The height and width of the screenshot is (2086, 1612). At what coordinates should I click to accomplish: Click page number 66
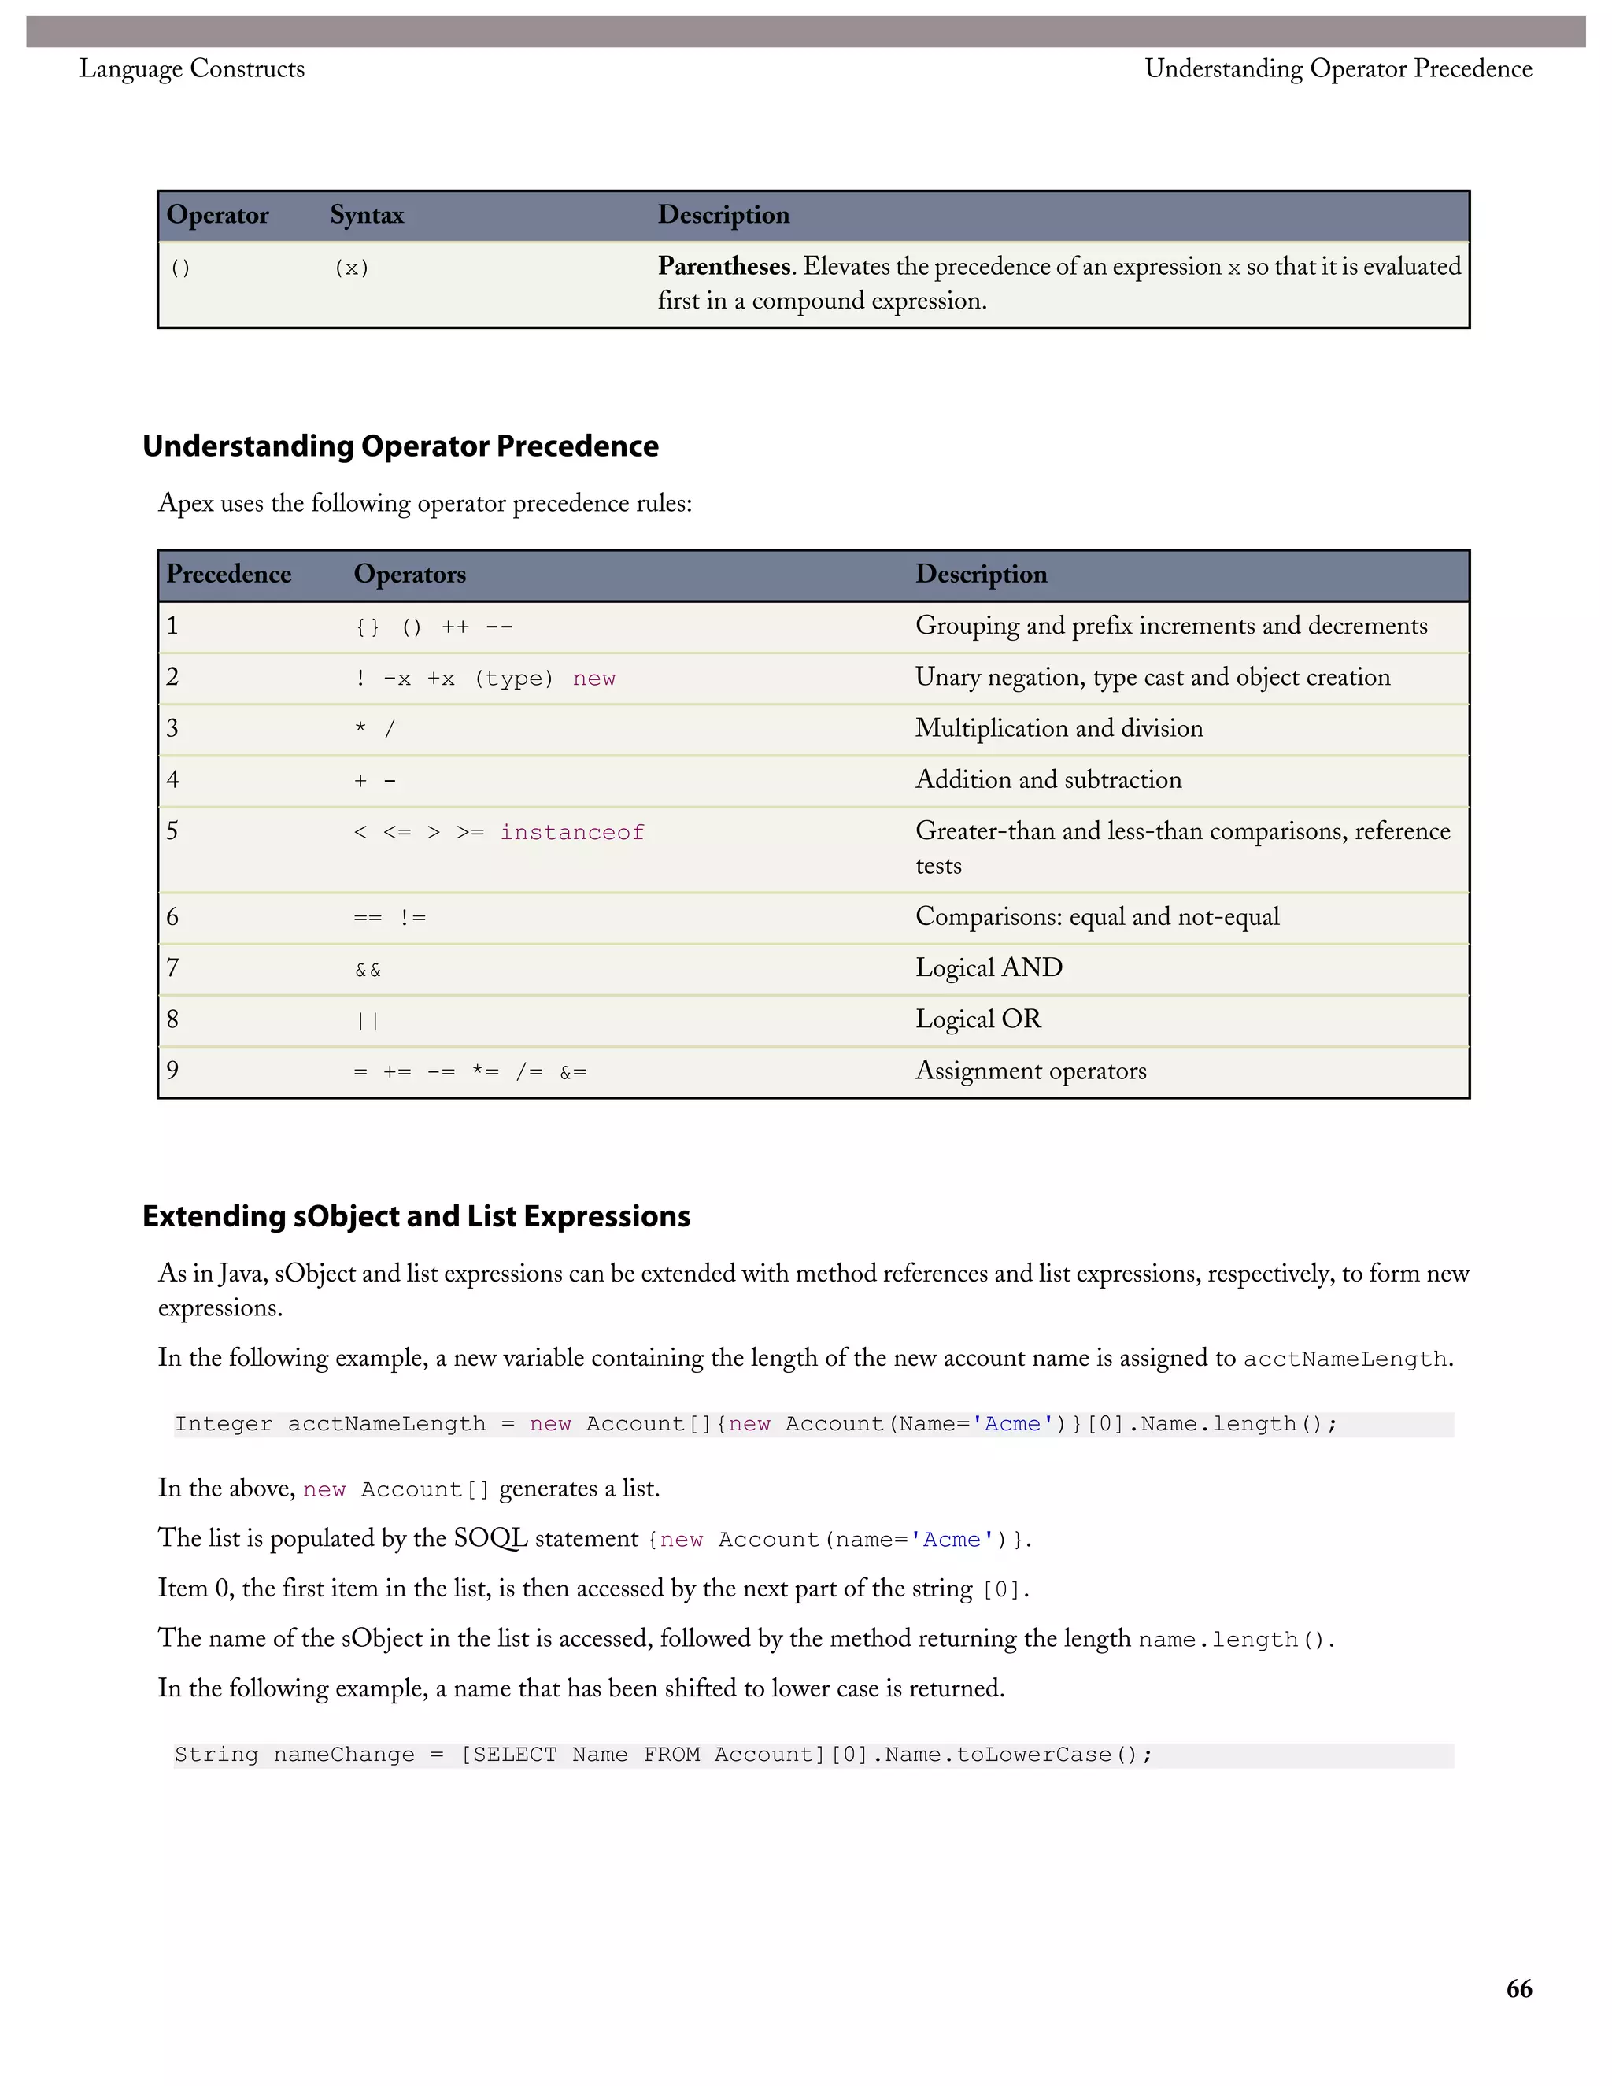(1518, 1988)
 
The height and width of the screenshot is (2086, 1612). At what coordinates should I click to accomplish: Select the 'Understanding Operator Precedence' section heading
(400, 446)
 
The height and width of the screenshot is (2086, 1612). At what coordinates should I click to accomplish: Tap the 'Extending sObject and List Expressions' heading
(416, 1216)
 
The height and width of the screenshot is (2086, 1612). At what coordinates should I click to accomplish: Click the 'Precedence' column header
(228, 574)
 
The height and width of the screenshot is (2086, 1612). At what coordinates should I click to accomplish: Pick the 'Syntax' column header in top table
(367, 215)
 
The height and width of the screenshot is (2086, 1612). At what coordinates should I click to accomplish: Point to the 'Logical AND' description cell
(989, 967)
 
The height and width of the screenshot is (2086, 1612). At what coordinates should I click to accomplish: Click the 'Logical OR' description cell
(978, 1019)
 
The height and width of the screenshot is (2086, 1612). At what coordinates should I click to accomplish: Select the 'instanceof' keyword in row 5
(572, 833)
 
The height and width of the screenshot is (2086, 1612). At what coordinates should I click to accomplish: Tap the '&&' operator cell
(368, 971)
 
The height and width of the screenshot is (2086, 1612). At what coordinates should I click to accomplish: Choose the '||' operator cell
(368, 1021)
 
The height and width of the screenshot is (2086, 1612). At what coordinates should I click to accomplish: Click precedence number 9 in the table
(173, 1070)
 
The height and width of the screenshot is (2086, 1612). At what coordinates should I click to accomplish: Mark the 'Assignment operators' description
(1030, 1071)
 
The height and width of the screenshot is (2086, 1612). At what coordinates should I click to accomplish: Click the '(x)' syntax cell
(351, 268)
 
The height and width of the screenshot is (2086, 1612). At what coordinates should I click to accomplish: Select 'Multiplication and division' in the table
(1059, 729)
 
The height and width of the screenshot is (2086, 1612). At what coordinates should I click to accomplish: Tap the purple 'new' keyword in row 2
(594, 679)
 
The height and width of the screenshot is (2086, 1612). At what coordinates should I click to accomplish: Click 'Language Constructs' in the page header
(192, 68)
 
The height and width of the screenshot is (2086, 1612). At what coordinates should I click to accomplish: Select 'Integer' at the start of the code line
(224, 1424)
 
